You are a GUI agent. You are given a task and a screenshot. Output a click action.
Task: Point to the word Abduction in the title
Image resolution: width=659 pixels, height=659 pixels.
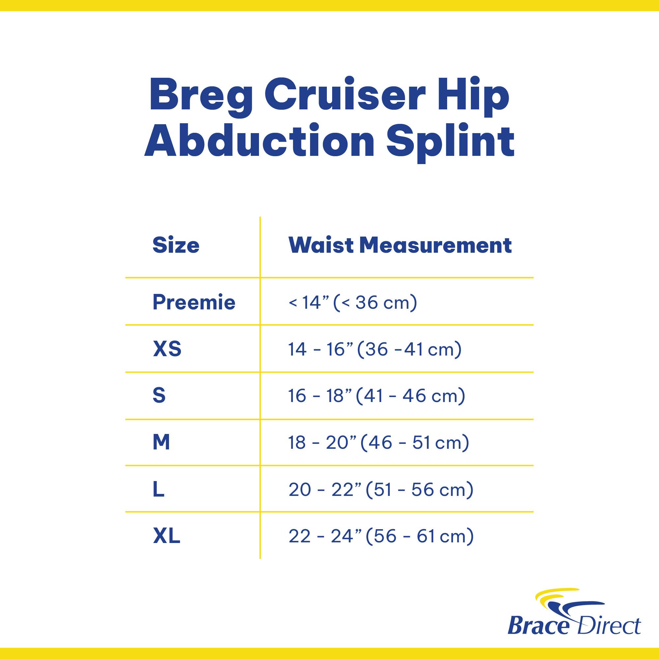[260, 141]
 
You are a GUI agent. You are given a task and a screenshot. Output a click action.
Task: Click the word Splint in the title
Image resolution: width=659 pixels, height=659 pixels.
[450, 144]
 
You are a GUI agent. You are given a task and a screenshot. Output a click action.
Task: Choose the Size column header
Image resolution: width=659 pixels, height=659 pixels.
[176, 245]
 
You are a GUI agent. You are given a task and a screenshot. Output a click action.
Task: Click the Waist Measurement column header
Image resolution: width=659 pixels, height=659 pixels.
[400, 245]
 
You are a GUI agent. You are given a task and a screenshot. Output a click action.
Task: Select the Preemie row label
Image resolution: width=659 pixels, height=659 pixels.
[194, 302]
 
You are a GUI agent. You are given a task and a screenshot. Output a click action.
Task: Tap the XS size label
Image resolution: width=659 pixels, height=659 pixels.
[167, 349]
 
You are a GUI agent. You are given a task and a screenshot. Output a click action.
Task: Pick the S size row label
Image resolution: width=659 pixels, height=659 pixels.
[159, 396]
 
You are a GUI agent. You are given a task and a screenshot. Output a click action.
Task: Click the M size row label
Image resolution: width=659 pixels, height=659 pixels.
[161, 443]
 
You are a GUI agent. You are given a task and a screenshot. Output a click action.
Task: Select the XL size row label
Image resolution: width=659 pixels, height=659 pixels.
[166, 536]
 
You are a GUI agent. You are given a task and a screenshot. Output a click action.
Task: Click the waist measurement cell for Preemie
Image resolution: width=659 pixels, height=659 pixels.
[353, 302]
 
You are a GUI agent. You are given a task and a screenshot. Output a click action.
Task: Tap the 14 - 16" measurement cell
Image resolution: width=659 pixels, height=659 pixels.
[375, 349]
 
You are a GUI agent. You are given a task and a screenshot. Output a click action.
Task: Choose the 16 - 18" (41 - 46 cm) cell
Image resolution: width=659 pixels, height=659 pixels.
[377, 396]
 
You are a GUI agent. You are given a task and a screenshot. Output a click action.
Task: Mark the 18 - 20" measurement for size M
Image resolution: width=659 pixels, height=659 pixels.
[379, 443]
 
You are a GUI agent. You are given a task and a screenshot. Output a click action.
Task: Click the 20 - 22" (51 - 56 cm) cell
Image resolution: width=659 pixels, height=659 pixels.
[381, 490]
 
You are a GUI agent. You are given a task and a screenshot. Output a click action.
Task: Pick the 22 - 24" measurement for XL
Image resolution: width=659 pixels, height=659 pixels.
[381, 536]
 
